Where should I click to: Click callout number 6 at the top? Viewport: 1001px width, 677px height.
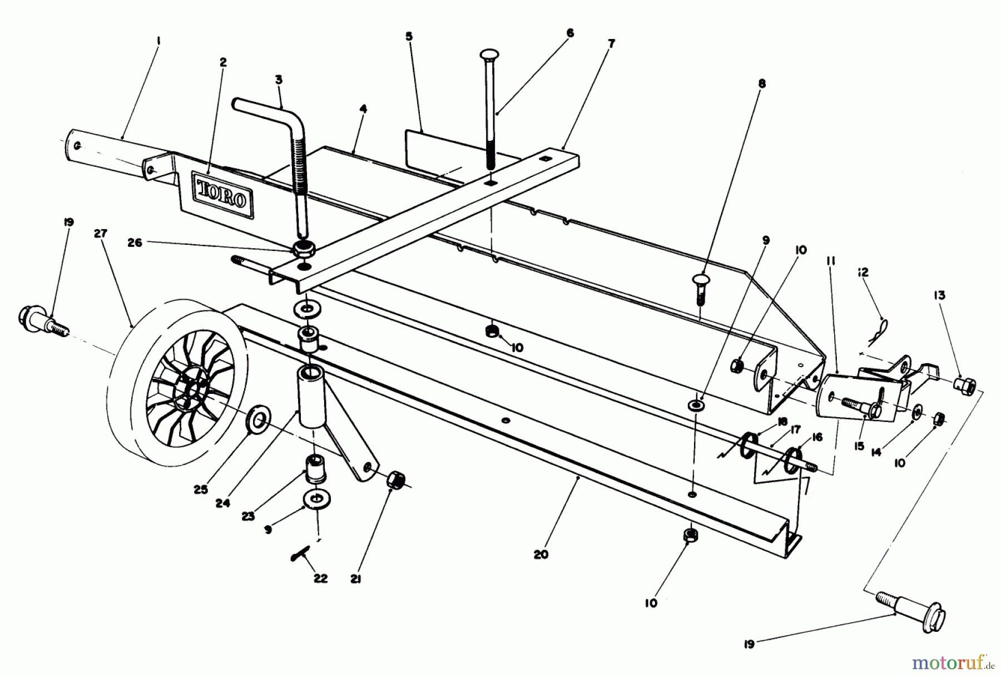pyautogui.click(x=570, y=33)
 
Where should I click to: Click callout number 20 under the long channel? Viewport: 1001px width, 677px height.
pyautogui.click(x=541, y=554)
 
